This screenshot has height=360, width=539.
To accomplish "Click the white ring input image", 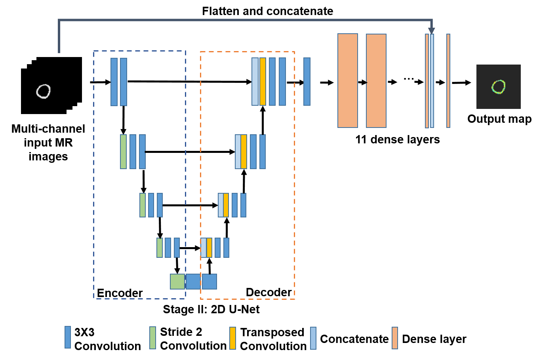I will coord(44,91).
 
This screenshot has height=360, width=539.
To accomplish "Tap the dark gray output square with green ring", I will coord(498,87).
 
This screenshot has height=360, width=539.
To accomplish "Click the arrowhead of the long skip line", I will coord(431,31).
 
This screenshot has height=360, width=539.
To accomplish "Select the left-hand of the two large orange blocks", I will coord(347,80).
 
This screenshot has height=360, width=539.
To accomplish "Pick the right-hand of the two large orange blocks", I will coord(376,81).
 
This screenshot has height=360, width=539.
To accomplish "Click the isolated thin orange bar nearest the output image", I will coord(448,81).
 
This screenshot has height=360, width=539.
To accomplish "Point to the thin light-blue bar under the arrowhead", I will coord(432,81).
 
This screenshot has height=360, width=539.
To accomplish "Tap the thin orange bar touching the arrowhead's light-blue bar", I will coord(427,81).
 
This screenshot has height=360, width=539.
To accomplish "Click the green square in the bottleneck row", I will coord(177,282).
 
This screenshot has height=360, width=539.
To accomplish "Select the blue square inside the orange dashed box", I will coord(210,282).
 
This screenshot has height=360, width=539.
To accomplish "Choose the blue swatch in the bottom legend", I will coord(68,337).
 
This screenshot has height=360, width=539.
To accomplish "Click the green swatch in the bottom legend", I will coord(152,338).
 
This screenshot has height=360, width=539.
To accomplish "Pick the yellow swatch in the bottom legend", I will coord(232,338).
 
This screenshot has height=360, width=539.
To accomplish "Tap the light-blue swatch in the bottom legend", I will coord(313,338).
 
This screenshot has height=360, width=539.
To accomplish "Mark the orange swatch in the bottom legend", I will coord(395,338).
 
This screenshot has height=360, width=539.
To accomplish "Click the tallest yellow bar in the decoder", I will coord(263,82).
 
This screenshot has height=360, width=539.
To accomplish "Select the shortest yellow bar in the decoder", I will coord(209,248).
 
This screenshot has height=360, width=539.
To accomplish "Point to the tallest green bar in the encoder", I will coord(123,152).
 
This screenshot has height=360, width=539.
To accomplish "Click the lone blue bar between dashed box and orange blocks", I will coord(307,82).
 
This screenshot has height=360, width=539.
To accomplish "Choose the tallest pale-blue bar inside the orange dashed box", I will coord(255,82).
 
